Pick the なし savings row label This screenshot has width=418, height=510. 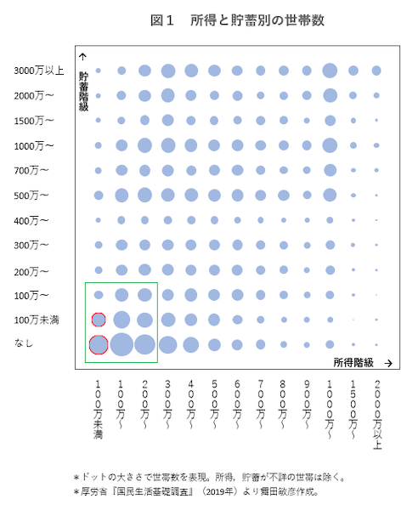point(23,343)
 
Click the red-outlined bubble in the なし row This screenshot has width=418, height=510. point(98,344)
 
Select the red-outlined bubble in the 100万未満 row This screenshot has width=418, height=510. point(99,320)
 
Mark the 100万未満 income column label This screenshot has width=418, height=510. point(99,410)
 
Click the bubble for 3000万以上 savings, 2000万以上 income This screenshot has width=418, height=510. point(376,71)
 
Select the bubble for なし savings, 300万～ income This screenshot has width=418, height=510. point(167,344)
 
